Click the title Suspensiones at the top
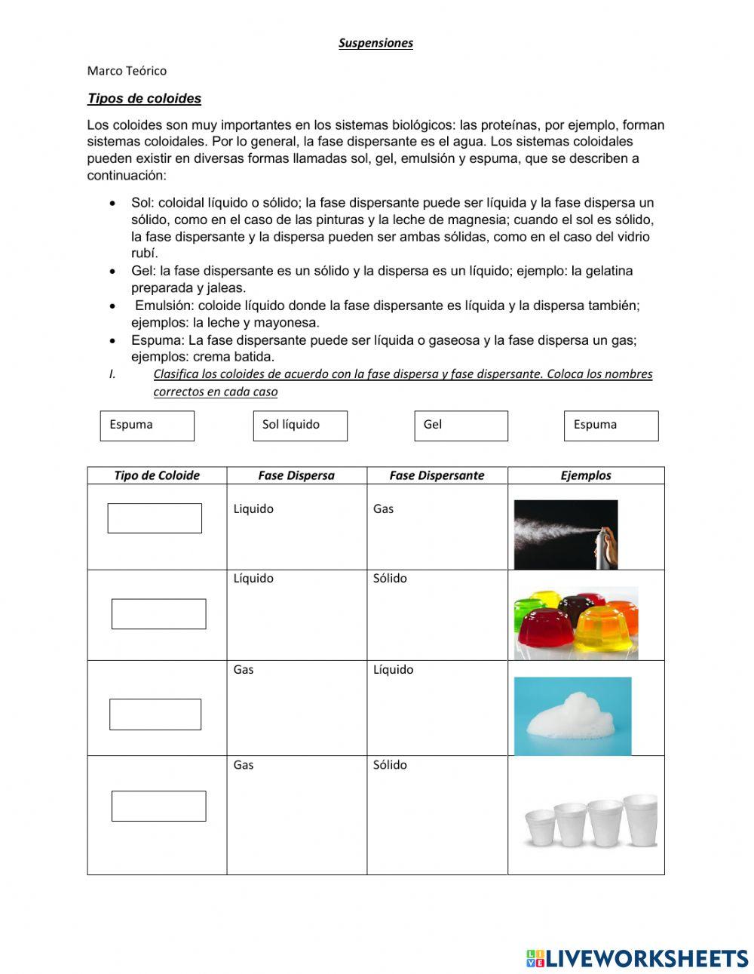tap(375, 43)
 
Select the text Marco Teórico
tap(127, 71)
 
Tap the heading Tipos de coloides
tap(144, 99)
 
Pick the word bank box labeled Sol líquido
tap(299, 426)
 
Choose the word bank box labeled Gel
tap(461, 426)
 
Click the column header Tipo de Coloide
tap(157, 475)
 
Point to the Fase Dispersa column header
tap(296, 475)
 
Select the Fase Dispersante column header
tap(437, 475)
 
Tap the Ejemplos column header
tap(586, 475)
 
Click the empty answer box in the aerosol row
tap(155, 518)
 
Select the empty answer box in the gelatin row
tap(158, 614)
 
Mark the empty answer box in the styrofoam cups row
tap(158, 806)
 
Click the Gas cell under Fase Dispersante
tap(384, 509)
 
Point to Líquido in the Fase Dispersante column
tap(393, 670)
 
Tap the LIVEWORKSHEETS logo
tap(637, 958)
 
